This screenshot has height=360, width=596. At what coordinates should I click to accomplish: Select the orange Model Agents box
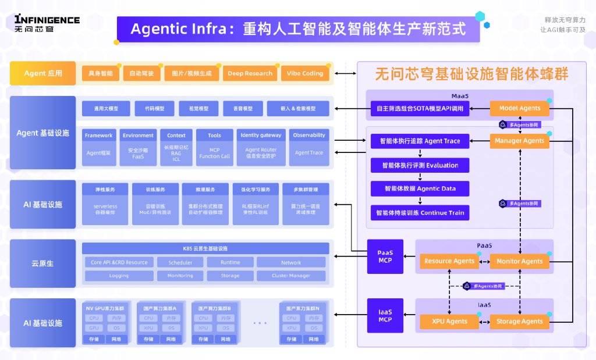pyautogui.click(x=520, y=108)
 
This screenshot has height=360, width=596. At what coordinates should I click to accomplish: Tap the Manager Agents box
pyautogui.click(x=520, y=141)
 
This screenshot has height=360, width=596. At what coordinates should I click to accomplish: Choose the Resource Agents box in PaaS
pyautogui.click(x=449, y=261)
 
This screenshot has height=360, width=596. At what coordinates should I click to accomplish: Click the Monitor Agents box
pyautogui.click(x=520, y=261)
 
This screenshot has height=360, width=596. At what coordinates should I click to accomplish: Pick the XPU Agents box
pyautogui.click(x=449, y=321)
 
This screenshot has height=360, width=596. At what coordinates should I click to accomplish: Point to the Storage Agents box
pyautogui.click(x=520, y=321)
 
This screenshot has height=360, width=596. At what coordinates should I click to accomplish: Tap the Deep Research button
pyautogui.click(x=250, y=73)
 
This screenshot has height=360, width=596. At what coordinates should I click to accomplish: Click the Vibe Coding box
pyautogui.click(x=304, y=73)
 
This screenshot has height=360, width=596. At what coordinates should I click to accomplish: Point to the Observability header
pyautogui.click(x=309, y=136)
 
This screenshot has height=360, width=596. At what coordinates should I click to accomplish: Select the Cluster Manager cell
pyautogui.click(x=291, y=276)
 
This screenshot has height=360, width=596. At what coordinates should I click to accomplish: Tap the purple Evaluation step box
pyautogui.click(x=420, y=165)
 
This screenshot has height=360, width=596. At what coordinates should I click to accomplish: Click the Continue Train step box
pyautogui.click(x=420, y=213)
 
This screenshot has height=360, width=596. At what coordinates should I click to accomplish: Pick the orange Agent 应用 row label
pyautogui.click(x=43, y=73)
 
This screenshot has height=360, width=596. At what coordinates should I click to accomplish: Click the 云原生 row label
pyautogui.click(x=43, y=263)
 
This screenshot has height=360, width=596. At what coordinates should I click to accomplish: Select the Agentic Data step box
pyautogui.click(x=420, y=189)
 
